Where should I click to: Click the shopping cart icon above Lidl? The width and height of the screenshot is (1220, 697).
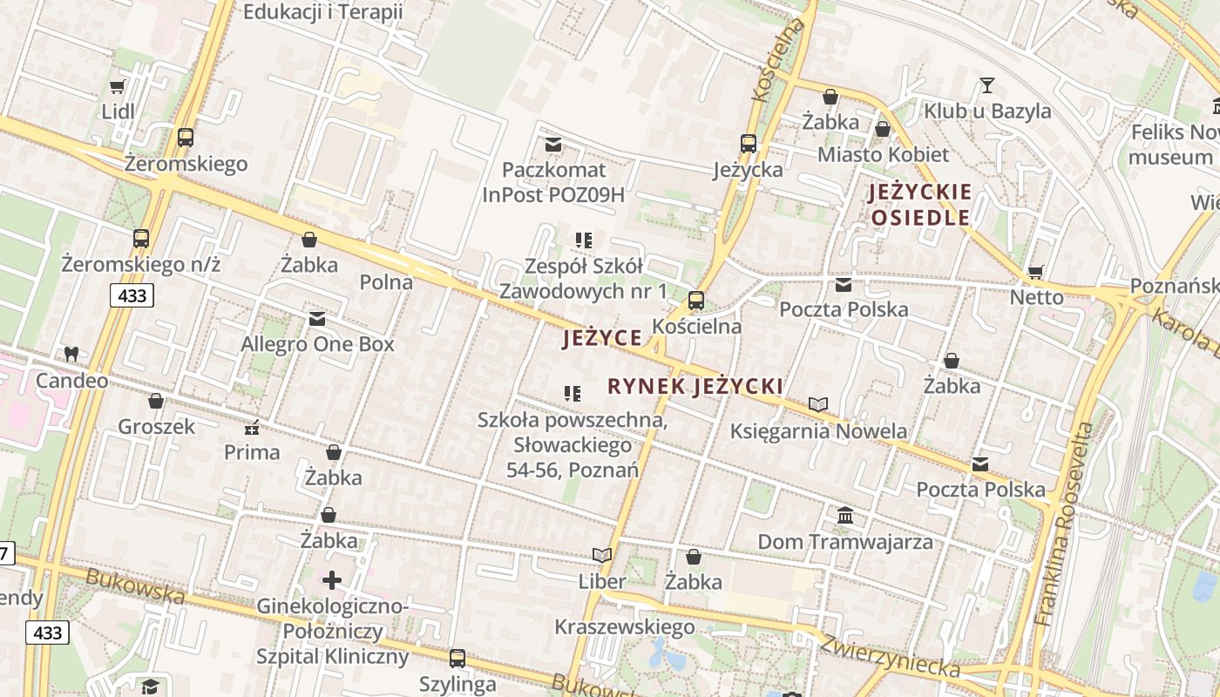pyautogui.click(x=118, y=86)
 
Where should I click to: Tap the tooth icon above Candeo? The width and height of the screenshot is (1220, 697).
pyautogui.click(x=71, y=355)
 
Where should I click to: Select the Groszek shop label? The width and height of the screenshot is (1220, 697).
pyautogui.click(x=157, y=427)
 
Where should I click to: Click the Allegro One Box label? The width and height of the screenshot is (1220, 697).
pyautogui.click(x=317, y=344)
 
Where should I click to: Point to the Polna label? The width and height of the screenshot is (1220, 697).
pyautogui.click(x=386, y=281)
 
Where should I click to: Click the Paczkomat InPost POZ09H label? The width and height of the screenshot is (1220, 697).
pyautogui.click(x=553, y=181)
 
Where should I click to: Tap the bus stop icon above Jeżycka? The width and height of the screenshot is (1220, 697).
pyautogui.click(x=748, y=144)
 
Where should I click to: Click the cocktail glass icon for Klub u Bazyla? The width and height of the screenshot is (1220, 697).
pyautogui.click(x=986, y=85)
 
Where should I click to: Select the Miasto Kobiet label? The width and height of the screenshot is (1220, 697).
pyautogui.click(x=883, y=155)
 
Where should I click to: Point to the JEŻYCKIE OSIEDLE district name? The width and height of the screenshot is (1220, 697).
pyautogui.click(x=919, y=205)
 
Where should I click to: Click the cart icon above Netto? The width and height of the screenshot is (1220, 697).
pyautogui.click(x=1036, y=272)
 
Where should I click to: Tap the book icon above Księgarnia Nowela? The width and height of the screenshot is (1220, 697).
pyautogui.click(x=817, y=405)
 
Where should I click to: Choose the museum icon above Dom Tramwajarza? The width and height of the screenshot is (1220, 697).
pyautogui.click(x=844, y=516)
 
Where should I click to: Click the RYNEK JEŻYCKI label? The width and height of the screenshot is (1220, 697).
pyautogui.click(x=695, y=387)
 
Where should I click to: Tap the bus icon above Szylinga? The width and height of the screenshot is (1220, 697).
pyautogui.click(x=457, y=659)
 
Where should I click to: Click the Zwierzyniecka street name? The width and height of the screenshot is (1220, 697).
pyautogui.click(x=889, y=654)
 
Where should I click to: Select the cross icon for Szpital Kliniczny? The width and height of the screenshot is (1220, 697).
pyautogui.click(x=332, y=580)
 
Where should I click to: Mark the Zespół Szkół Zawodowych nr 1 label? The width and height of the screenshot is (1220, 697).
pyautogui.click(x=583, y=278)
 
